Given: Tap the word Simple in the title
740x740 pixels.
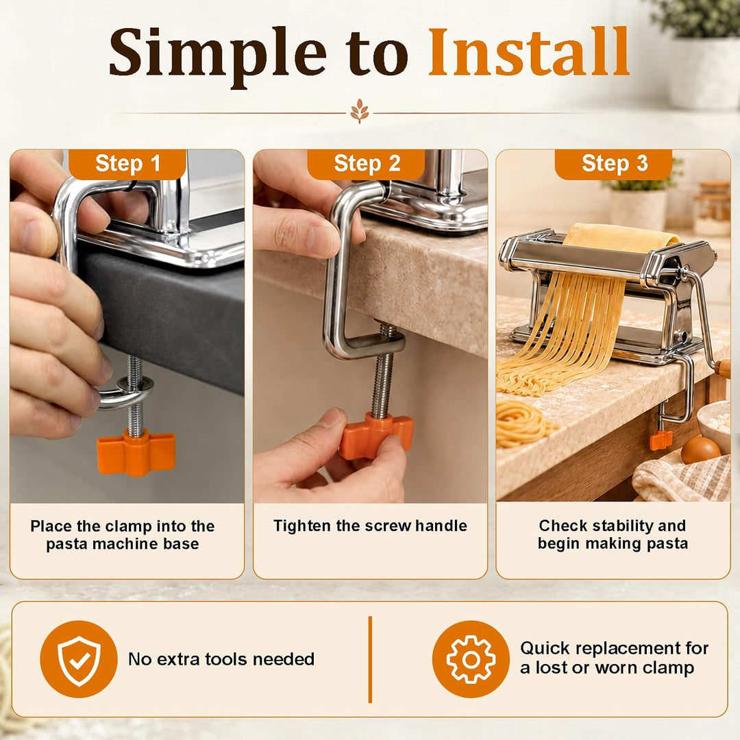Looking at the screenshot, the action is pos(218,56).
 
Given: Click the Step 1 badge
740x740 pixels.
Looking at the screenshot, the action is pos(127,164).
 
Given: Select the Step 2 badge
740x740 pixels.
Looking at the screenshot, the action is pos(366,164).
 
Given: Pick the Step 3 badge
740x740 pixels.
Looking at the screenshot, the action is pos(613,164).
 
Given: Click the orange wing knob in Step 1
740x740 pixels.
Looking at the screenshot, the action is pos(136,452).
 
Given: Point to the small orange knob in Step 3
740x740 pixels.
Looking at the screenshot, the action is pos(661,441).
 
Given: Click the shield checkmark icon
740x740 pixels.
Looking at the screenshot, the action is pos(79,659).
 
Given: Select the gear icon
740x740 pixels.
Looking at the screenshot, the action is pos(471,659).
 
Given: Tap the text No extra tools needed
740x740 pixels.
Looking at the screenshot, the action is pos(221,659).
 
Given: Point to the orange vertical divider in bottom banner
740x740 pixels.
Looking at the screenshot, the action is pos(370,659).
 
